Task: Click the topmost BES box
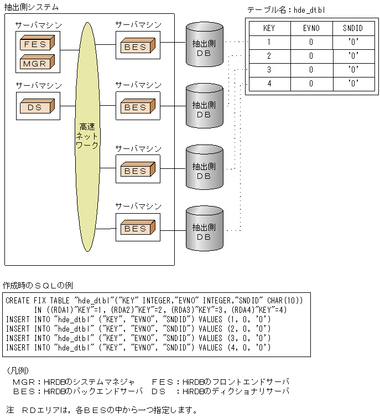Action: pos(135,47)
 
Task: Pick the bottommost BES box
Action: pos(135,227)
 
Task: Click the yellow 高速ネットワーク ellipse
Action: pos(87,135)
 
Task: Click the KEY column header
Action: pos(269,28)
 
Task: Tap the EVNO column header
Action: pos(311,28)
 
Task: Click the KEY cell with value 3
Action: pos(269,70)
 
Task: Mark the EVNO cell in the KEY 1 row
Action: pos(311,42)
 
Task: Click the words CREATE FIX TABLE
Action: pos(39,300)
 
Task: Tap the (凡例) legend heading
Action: pos(18,370)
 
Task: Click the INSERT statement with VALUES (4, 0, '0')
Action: pos(138,347)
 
